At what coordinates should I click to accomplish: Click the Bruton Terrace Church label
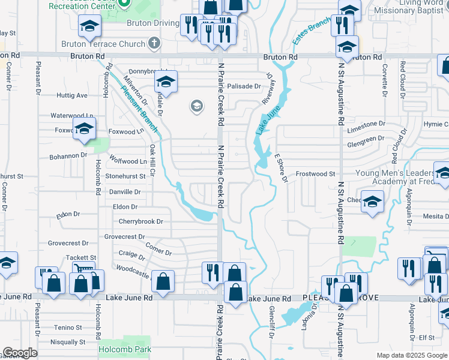[103, 44]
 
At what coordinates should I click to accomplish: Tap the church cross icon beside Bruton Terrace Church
[154, 43]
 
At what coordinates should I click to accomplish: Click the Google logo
[20, 353]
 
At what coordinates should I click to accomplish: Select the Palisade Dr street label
[244, 86]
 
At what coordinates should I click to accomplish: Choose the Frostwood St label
[315, 174]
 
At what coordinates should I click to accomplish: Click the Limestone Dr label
[366, 124]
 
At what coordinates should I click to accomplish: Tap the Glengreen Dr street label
[366, 139]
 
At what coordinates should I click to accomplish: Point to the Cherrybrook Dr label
[140, 221]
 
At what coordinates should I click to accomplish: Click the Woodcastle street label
[132, 271]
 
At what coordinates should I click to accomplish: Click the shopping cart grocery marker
[83, 270]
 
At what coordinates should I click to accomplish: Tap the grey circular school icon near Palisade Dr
[196, 107]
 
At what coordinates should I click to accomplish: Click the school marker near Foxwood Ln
[84, 128]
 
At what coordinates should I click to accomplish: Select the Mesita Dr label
[434, 217]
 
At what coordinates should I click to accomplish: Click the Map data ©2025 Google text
[412, 355]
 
